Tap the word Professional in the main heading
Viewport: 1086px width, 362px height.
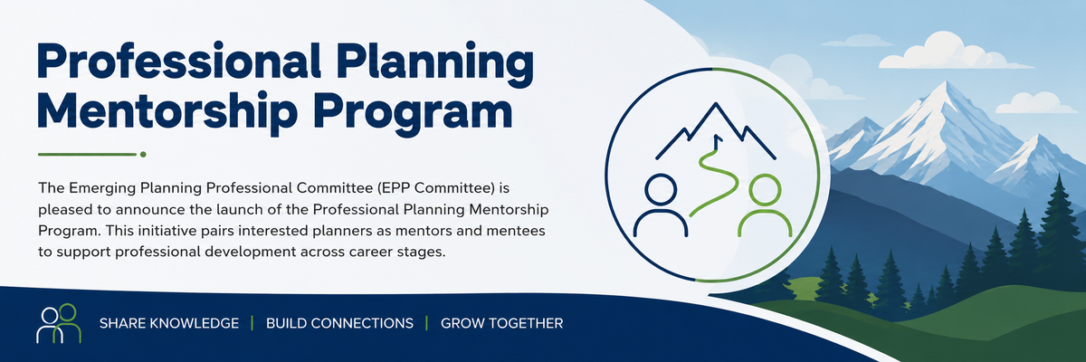(x=179, y=61)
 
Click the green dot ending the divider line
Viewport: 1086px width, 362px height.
(x=143, y=155)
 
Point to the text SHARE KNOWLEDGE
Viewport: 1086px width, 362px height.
(x=169, y=323)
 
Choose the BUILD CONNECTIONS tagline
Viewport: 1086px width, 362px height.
(x=340, y=323)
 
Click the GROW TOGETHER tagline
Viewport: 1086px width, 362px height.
(x=501, y=323)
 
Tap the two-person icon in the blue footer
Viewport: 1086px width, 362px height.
(x=59, y=323)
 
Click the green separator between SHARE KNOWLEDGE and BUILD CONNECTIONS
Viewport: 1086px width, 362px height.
(x=252, y=323)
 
